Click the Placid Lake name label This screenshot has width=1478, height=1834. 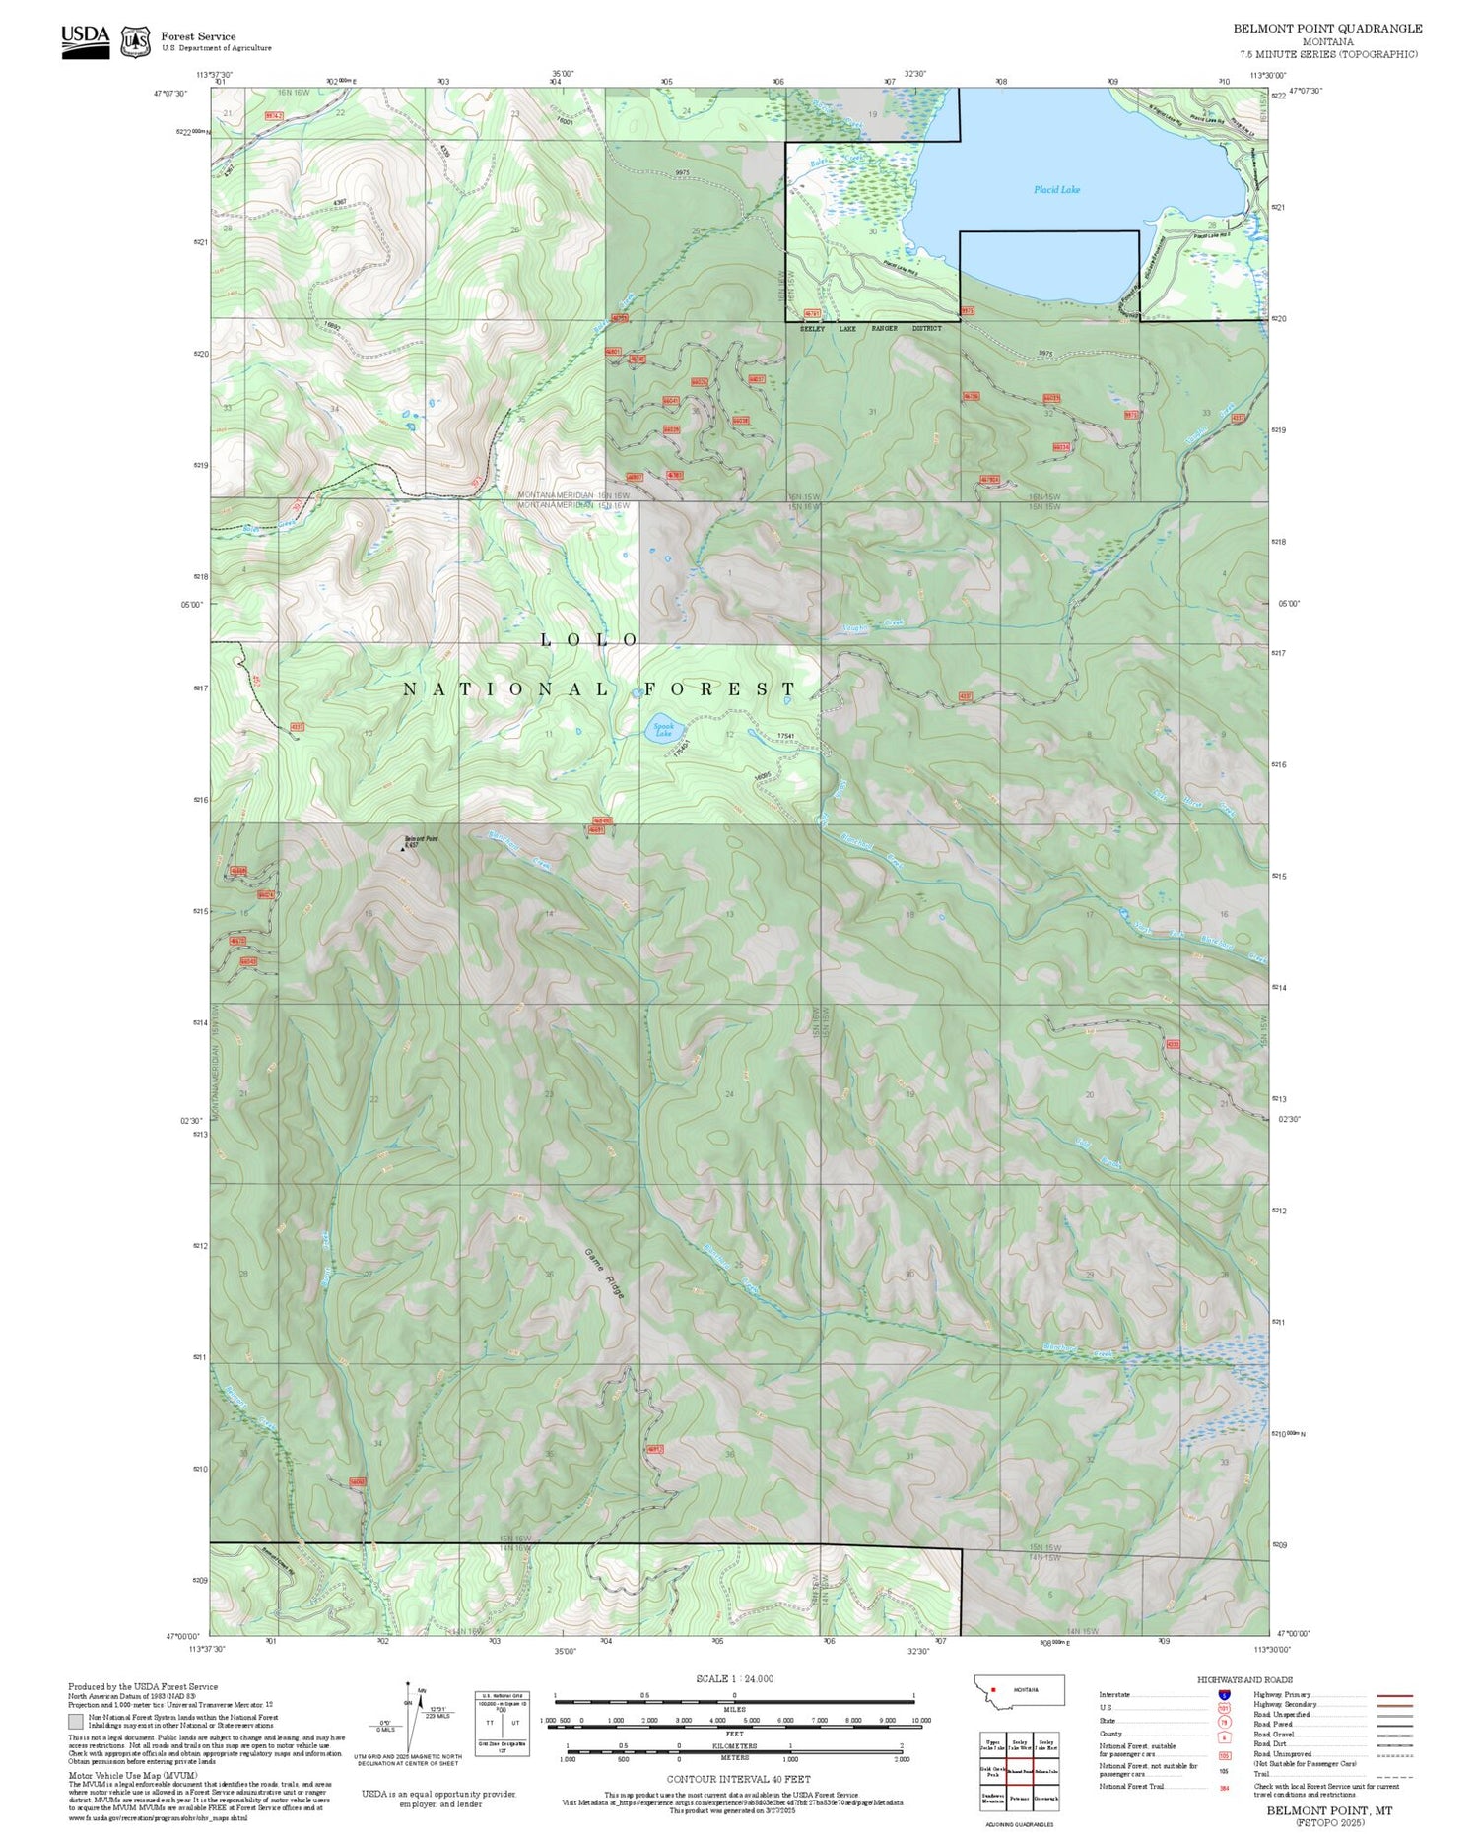[1056, 189]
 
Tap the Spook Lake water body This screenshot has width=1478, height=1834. [663, 730]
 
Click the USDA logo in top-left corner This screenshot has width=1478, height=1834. [85, 40]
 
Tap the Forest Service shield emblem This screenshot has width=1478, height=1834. [135, 41]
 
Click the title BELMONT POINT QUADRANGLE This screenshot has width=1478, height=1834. [1327, 28]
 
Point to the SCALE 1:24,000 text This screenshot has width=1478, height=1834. [734, 1678]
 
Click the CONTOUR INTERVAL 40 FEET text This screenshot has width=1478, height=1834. [738, 1779]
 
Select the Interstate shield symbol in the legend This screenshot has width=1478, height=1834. [1224, 1694]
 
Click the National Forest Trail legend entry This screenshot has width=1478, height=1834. [1133, 1786]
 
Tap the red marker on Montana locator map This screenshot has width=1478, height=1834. [993, 1689]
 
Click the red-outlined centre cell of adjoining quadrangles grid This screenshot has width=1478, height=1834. [1019, 1770]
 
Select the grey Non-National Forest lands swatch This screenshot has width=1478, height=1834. [76, 1721]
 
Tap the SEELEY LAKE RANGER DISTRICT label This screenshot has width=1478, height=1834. [871, 328]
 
